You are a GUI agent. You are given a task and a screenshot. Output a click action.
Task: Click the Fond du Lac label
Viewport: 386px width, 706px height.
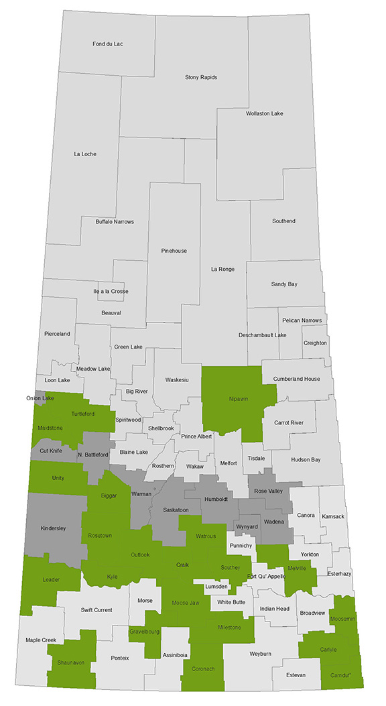click(107, 44)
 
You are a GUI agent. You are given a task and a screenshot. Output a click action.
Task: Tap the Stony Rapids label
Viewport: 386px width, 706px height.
click(201, 77)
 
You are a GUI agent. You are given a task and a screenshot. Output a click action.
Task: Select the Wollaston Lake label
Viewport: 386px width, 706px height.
click(264, 113)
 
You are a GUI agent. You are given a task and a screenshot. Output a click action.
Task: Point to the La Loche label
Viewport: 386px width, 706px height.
click(85, 154)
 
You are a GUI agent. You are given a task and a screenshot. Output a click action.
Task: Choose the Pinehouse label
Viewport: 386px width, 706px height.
click(174, 251)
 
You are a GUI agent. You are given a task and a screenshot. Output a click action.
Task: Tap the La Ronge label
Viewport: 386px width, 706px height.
click(222, 270)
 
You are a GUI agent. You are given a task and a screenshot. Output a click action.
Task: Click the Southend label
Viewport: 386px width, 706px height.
click(283, 221)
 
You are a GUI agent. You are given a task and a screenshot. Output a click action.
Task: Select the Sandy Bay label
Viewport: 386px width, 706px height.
click(284, 284)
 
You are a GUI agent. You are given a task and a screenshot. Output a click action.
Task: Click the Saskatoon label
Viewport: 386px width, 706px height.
click(176, 510)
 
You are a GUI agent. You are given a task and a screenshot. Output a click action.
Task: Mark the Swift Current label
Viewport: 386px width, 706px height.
click(96, 609)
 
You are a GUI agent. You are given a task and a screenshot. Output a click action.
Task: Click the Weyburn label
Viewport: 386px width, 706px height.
click(255, 652)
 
